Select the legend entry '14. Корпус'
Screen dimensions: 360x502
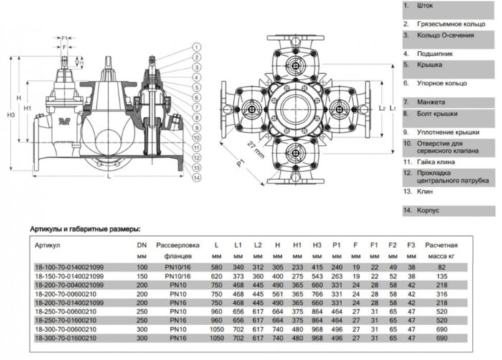(x=424, y=211)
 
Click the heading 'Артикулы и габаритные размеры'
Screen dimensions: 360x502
(x=80, y=229)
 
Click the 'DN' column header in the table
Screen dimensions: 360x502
(x=142, y=245)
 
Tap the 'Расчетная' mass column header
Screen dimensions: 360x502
(x=442, y=245)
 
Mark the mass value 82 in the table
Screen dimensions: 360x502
(x=441, y=267)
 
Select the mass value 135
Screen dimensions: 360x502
(x=441, y=275)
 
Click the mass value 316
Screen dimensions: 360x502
(x=441, y=293)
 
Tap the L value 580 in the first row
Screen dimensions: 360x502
(x=216, y=267)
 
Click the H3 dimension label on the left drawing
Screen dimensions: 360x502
(x=9, y=115)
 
